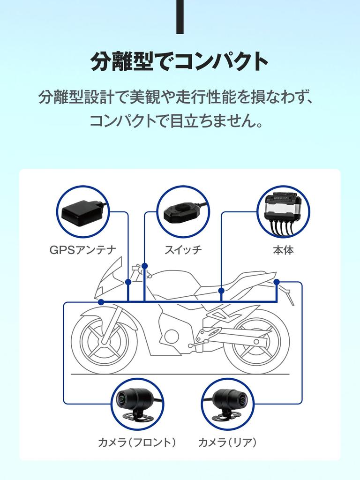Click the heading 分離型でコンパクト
point(180,61)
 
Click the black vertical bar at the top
point(180,17)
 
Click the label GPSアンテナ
point(82,250)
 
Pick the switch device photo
point(182,212)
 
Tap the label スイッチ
point(183,250)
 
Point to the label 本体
point(283,250)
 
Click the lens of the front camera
point(121,399)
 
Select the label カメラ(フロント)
point(137,442)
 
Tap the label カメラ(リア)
point(227,442)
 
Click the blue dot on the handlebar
point(144,266)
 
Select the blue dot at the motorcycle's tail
point(277,282)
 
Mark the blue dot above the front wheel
point(101,302)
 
